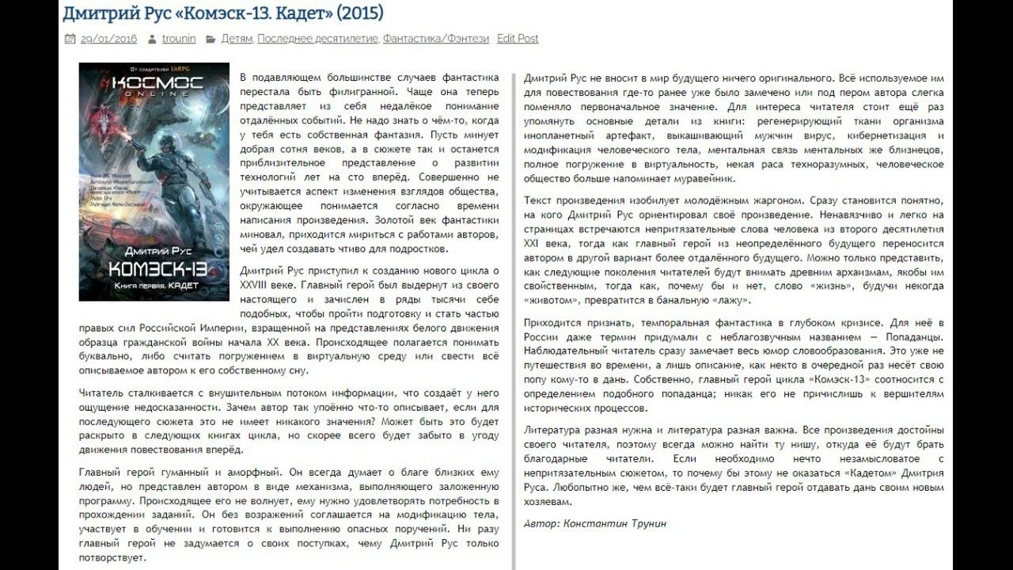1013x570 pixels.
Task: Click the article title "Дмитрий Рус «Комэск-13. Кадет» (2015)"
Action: tap(222, 13)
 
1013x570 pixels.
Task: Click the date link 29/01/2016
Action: tap(108, 39)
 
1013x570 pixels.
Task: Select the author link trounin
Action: tap(179, 39)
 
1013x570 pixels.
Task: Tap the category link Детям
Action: tap(237, 39)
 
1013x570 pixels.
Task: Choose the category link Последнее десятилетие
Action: tap(318, 39)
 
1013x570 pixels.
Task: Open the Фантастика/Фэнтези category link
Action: tap(436, 39)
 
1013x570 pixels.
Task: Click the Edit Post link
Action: tap(518, 39)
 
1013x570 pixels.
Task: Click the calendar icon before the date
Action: tap(70, 39)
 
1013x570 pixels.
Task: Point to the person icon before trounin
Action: tap(152, 39)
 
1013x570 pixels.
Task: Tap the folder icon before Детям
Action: tap(211, 39)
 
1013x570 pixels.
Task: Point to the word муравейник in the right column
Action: tap(709, 178)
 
